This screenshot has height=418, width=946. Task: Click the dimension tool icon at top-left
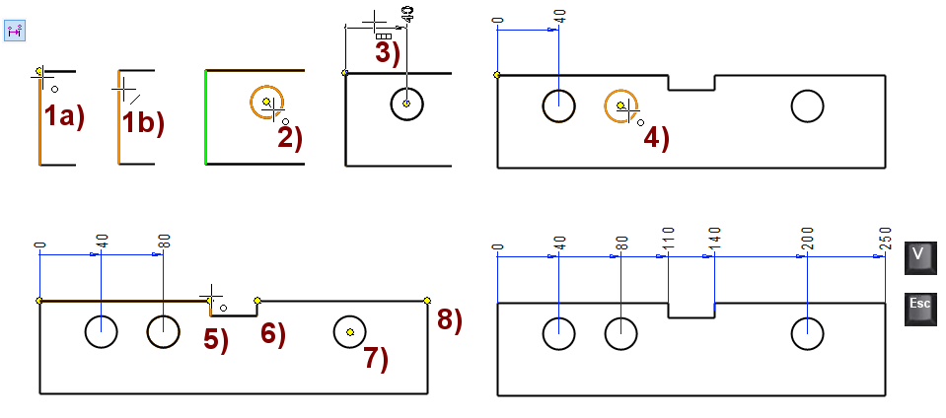point(15,31)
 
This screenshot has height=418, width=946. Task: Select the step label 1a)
point(64,117)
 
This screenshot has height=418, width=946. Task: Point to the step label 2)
point(289,137)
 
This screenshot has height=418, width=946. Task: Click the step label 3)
point(387,52)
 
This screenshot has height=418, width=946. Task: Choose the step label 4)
point(656,138)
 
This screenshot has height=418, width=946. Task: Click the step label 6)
point(272,335)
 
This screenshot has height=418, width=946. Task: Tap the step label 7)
point(376,359)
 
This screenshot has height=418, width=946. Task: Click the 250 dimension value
point(882,240)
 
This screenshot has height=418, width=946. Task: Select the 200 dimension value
point(807,240)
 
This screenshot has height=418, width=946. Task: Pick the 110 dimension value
point(668,240)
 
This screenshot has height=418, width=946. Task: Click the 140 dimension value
point(713,240)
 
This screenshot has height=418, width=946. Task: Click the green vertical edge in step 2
point(205,116)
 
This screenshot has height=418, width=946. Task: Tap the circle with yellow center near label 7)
point(350,332)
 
